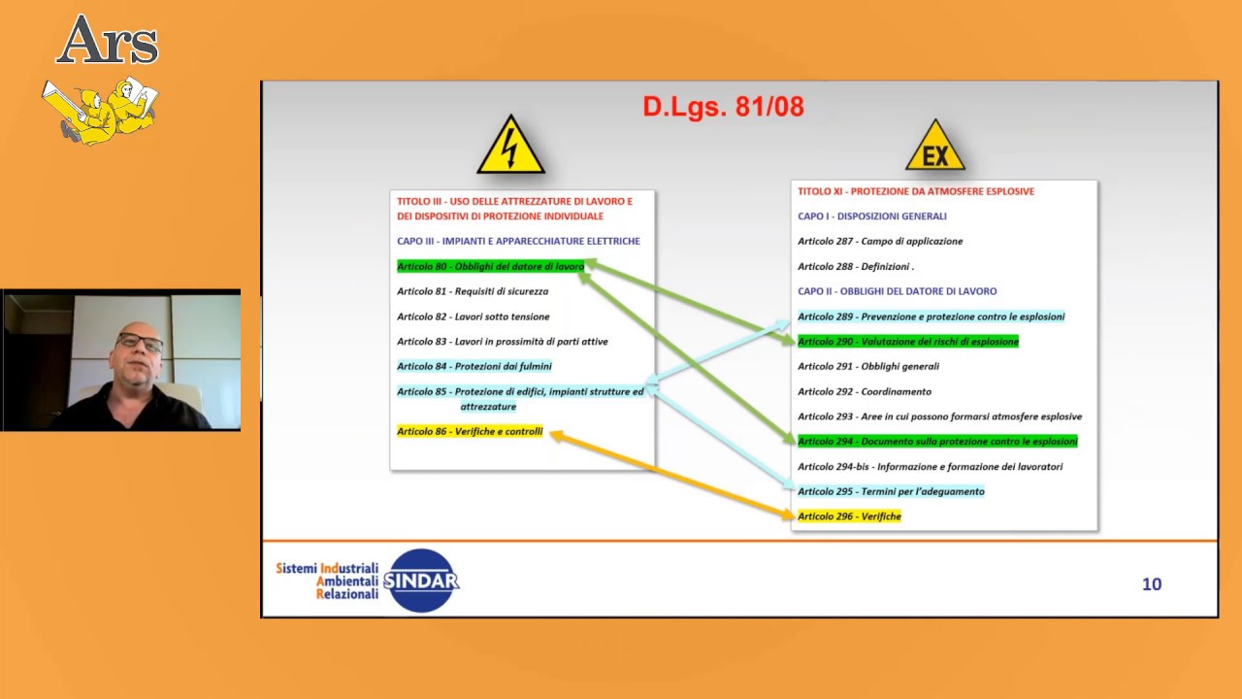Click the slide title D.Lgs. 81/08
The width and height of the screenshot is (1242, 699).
[723, 107]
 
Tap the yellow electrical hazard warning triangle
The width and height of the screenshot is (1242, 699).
[510, 149]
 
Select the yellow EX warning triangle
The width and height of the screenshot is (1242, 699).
[935, 149]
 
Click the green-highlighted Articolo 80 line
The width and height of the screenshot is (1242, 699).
[490, 266]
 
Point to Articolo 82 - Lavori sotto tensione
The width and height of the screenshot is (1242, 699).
[473, 316]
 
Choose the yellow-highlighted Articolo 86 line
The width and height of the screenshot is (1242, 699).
[470, 431]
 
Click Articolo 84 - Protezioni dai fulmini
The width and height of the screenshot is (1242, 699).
[474, 366]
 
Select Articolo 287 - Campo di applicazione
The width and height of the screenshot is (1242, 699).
[879, 241]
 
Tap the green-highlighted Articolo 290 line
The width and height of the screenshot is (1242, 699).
[907, 342]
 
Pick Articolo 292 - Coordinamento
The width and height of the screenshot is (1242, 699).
[864, 391]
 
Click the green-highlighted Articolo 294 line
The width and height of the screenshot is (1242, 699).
[936, 442]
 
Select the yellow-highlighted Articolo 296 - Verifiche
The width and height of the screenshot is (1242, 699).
[849, 516]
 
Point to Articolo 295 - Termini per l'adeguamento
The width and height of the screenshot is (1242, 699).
[890, 491]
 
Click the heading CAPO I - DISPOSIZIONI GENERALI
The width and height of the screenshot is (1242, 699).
[871, 216]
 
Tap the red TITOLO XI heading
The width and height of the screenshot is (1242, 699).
[915, 191]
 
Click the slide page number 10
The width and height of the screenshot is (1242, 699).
[1152, 583]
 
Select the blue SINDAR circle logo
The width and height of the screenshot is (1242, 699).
[421, 581]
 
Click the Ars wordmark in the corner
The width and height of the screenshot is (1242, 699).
[107, 42]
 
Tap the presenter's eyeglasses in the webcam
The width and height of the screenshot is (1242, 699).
[139, 342]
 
